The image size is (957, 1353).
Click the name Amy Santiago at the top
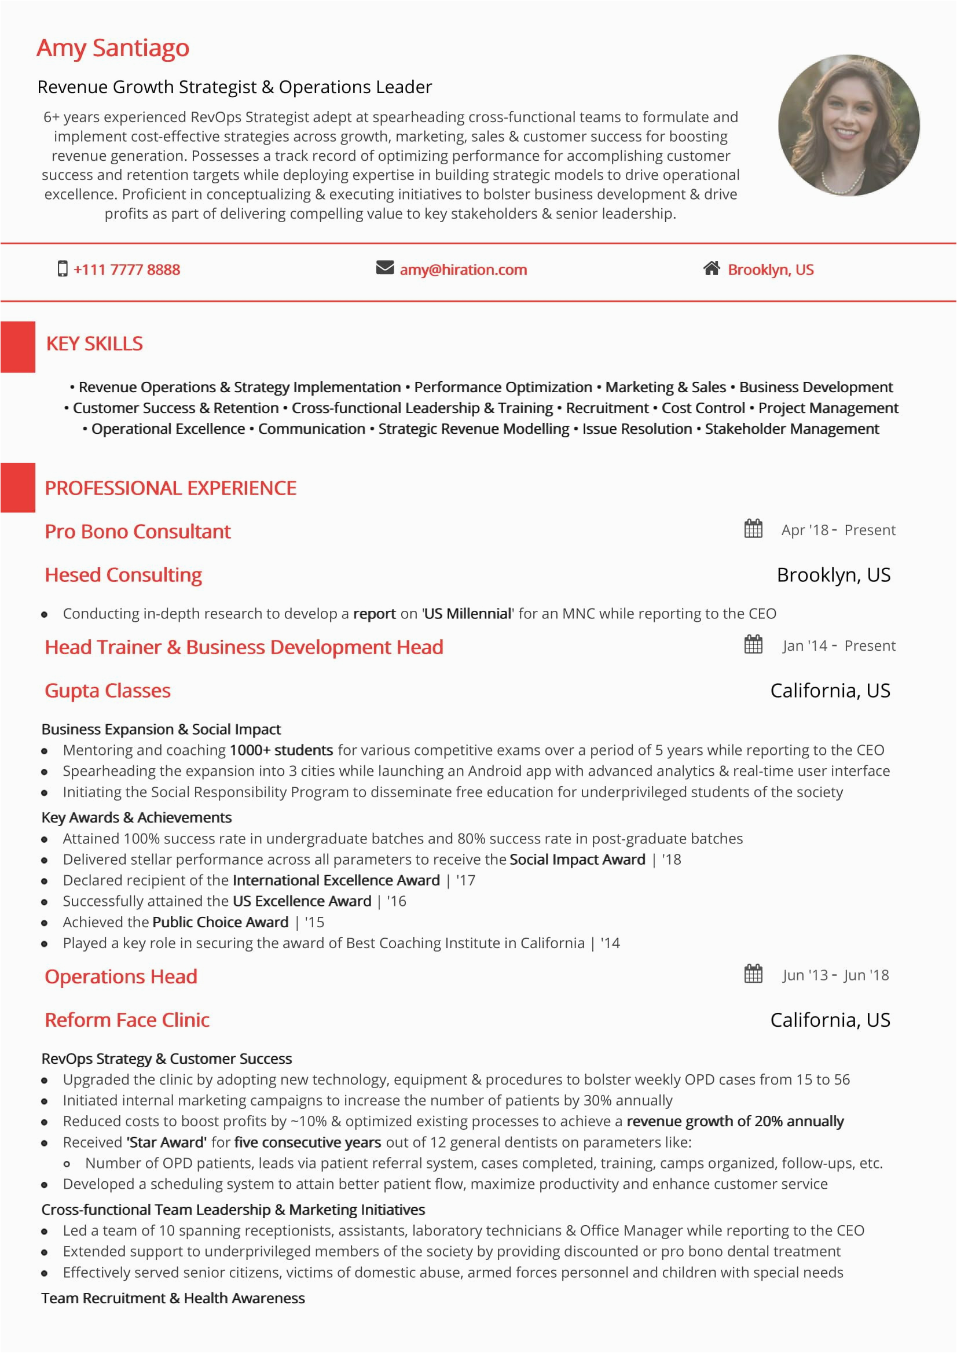[x=113, y=49]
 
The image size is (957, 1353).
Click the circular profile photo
[x=849, y=126]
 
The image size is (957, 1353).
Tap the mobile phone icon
[x=62, y=269]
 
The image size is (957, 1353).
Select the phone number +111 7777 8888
[x=127, y=270]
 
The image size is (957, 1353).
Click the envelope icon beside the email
[x=384, y=268]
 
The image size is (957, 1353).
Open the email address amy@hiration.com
[x=463, y=270]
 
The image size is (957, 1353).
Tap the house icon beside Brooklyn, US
[x=711, y=268]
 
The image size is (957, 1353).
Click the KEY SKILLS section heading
[x=94, y=344]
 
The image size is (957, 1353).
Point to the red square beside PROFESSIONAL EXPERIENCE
[x=18, y=487]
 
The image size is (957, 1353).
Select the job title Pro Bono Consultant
[x=137, y=532]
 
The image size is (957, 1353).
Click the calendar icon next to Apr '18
[x=753, y=529]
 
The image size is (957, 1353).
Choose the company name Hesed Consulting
[x=123, y=574]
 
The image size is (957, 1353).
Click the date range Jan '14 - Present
[x=838, y=646]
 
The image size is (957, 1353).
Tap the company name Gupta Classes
[x=107, y=691]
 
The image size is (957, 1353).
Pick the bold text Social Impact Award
[x=577, y=859]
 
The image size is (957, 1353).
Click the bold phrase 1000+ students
[x=281, y=750]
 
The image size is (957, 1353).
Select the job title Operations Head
[x=121, y=976]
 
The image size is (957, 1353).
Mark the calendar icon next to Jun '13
[x=753, y=974]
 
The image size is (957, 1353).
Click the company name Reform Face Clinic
[x=127, y=1020]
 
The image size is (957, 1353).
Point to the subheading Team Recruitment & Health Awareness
[x=173, y=1298]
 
